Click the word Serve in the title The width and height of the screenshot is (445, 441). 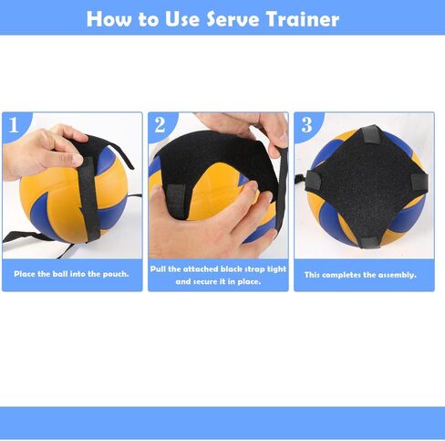pyautogui.click(x=233, y=19)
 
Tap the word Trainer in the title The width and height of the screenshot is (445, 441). pyautogui.click(x=303, y=19)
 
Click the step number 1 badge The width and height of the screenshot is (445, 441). pyautogui.click(x=14, y=125)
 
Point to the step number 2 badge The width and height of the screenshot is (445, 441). pyautogui.click(x=160, y=125)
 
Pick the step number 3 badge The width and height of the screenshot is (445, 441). pyautogui.click(x=306, y=125)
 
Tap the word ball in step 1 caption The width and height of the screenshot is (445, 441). pyautogui.click(x=60, y=274)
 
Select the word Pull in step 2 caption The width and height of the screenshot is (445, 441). pyautogui.click(x=158, y=269)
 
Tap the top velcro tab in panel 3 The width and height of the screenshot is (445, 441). pyautogui.click(x=370, y=134)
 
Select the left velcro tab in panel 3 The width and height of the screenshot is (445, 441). pyautogui.click(x=313, y=180)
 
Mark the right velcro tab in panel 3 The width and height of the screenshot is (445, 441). pyautogui.click(x=419, y=182)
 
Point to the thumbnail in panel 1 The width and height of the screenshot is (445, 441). pyautogui.click(x=77, y=160)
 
